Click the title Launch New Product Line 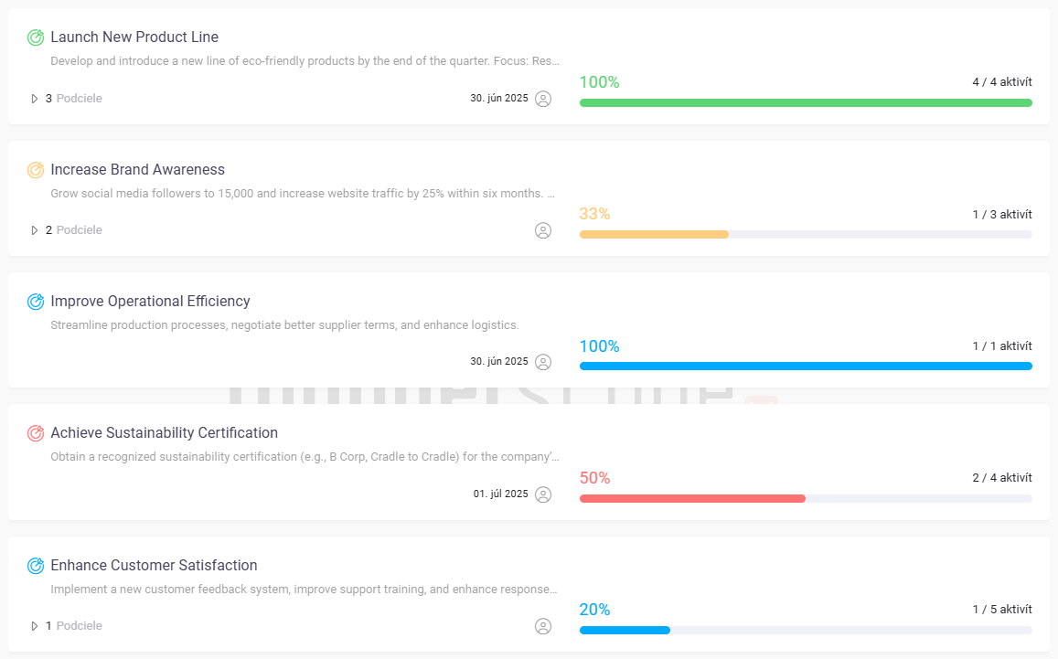[134, 37]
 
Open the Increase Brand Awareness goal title [137, 170]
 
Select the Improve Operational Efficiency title [150, 302]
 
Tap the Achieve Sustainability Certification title [164, 433]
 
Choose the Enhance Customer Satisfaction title [154, 566]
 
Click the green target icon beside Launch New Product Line [36, 37]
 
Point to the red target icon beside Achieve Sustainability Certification [36, 433]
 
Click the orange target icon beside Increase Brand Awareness [36, 170]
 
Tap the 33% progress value [594, 214]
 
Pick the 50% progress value [594, 478]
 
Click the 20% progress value [594, 610]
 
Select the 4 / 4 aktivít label [1001, 82]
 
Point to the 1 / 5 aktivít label [1001, 610]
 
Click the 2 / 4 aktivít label [1001, 478]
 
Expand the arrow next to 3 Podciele [35, 99]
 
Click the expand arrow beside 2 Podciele [35, 230]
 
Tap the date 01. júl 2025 [500, 494]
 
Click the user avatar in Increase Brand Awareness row [543, 230]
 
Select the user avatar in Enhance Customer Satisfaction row [543, 626]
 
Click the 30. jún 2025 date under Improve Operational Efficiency [498, 362]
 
